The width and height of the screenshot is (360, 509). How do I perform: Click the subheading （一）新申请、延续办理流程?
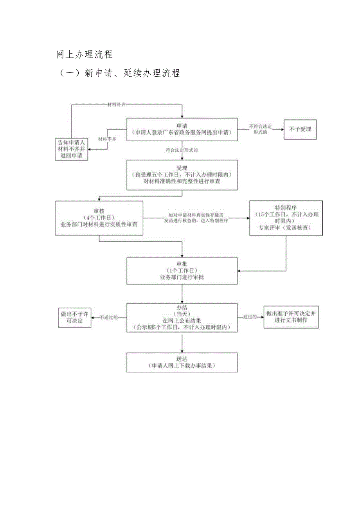[118, 73]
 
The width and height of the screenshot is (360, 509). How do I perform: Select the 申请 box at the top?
[182, 129]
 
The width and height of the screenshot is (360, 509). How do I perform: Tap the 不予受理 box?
[300, 129]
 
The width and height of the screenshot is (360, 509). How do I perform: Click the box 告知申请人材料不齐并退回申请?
[71, 149]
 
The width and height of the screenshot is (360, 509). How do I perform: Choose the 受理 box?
[182, 175]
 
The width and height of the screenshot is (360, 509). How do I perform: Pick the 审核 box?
[99, 218]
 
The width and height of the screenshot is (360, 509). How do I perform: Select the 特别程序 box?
[286, 218]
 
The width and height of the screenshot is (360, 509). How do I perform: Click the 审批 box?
[182, 271]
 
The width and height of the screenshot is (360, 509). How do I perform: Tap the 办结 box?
[182, 318]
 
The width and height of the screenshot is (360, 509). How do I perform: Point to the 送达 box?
[182, 362]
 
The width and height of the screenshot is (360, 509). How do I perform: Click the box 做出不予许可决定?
[74, 317]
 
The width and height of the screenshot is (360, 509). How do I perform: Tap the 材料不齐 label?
[107, 139]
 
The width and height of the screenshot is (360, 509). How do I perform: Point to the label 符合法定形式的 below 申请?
[182, 150]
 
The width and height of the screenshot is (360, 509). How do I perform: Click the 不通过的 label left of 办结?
[109, 317]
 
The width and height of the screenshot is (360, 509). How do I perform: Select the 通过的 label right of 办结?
[250, 317]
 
